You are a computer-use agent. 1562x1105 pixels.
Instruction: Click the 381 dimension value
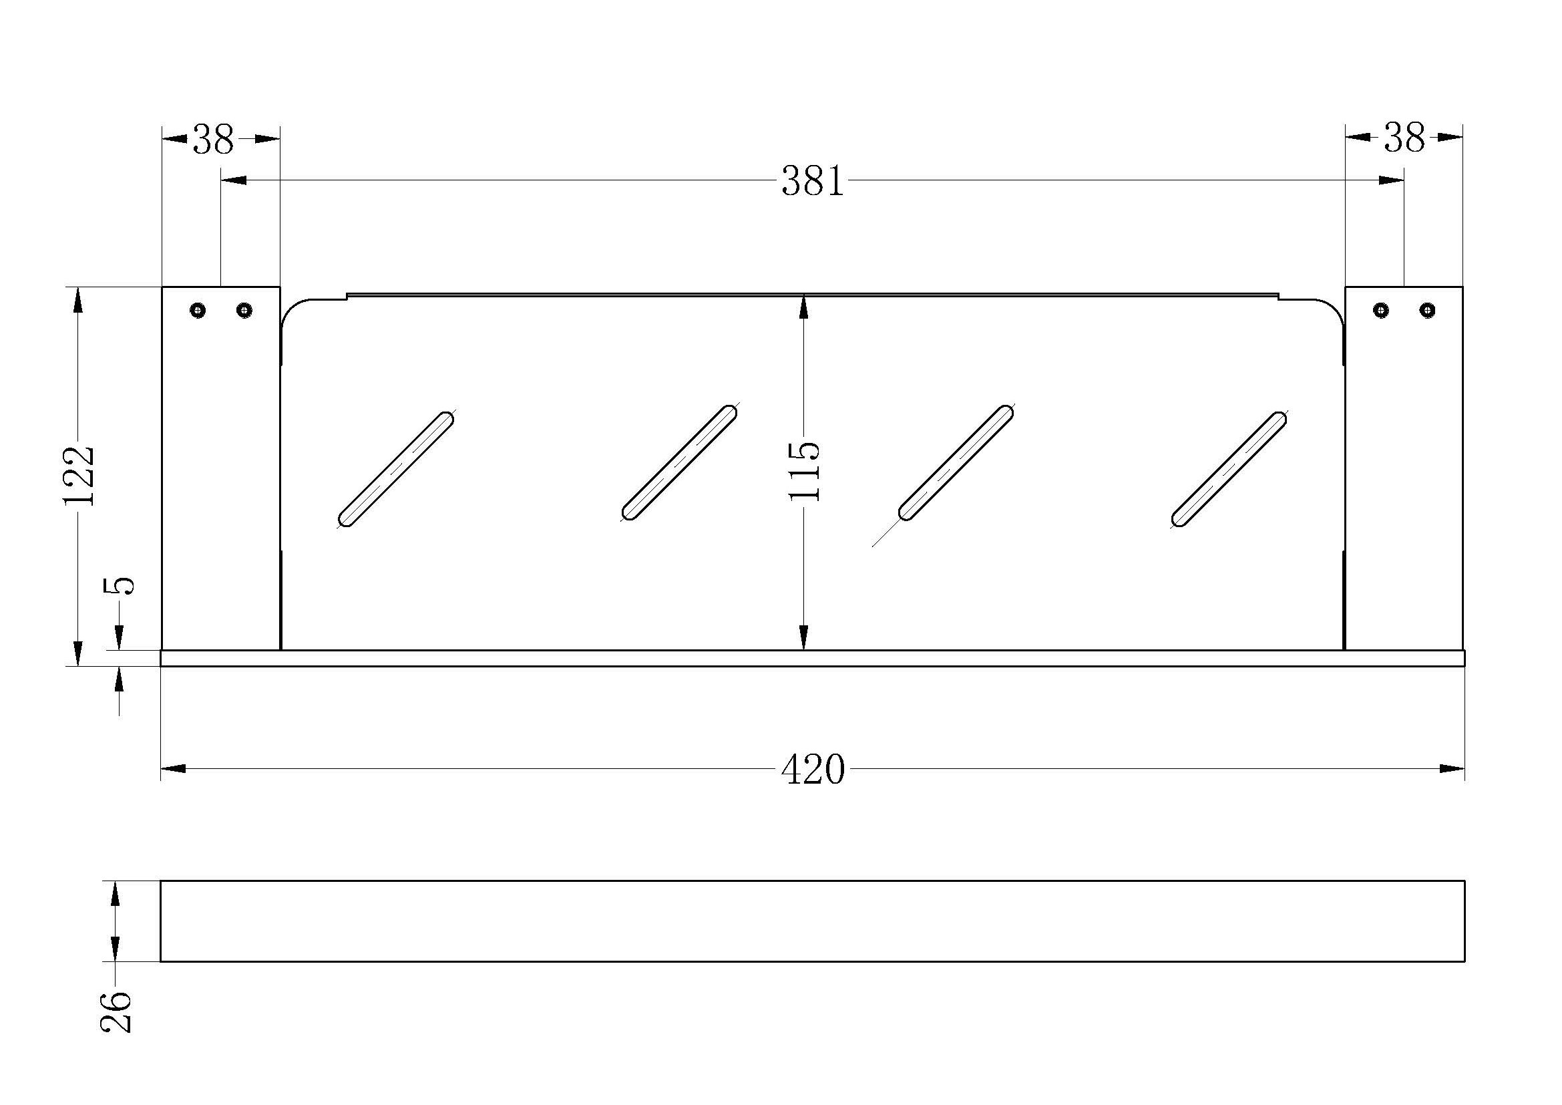click(812, 182)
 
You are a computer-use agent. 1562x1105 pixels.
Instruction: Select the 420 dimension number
click(812, 770)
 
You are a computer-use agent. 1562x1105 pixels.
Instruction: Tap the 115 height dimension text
click(804, 472)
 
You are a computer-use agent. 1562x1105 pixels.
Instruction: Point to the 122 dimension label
click(79, 476)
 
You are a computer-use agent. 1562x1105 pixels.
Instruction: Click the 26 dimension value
click(116, 1012)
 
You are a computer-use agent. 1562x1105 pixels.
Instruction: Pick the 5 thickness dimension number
click(120, 585)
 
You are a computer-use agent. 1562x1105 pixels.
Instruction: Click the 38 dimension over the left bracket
click(213, 140)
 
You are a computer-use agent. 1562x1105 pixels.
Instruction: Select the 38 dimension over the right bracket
click(1404, 138)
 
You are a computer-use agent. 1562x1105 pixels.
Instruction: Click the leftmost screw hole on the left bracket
click(198, 310)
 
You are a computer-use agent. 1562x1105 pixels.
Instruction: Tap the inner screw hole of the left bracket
click(244, 310)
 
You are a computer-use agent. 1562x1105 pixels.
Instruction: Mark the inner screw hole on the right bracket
click(1381, 310)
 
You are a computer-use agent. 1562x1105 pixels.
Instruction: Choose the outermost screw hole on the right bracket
click(1427, 310)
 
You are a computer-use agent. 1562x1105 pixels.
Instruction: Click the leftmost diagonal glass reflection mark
click(396, 470)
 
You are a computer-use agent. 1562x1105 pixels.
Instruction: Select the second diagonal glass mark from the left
click(680, 464)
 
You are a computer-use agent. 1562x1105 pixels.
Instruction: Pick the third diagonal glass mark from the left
click(956, 464)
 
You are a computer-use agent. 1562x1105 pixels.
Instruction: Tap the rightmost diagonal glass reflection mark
click(1229, 470)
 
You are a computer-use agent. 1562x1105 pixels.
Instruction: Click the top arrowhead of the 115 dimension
click(803, 308)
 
